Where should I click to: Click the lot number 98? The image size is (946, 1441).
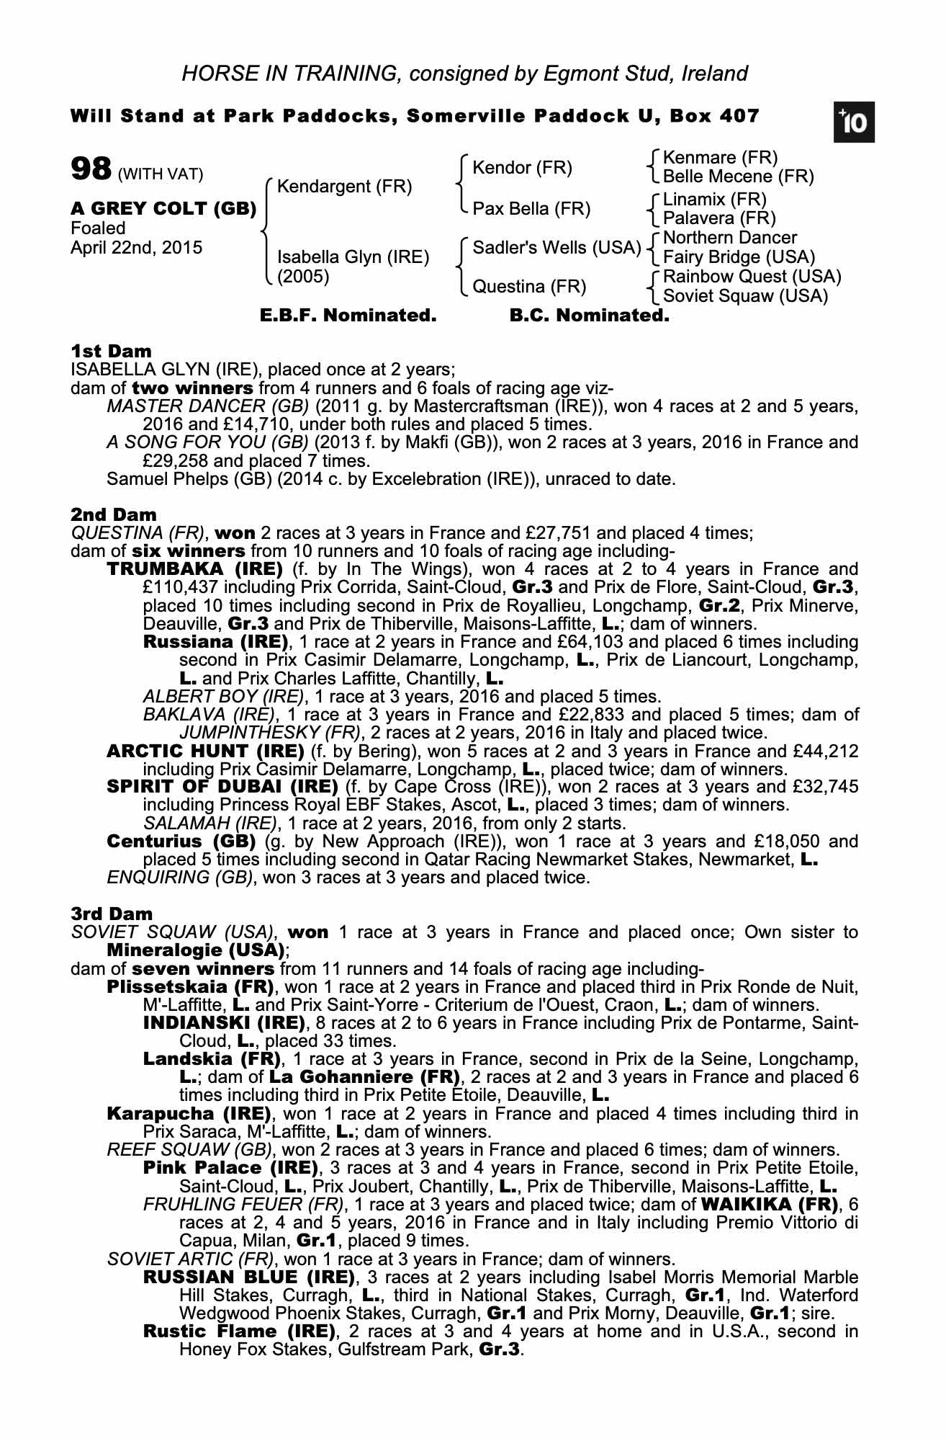(x=91, y=169)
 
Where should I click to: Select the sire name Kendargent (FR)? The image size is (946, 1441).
(x=344, y=187)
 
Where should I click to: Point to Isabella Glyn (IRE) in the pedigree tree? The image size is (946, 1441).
(x=353, y=257)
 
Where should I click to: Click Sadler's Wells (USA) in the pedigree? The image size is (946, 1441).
(x=556, y=248)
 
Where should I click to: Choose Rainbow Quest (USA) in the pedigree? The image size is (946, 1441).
(x=752, y=277)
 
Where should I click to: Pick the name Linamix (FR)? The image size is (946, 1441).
(x=714, y=200)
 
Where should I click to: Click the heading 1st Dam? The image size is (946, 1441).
(x=111, y=352)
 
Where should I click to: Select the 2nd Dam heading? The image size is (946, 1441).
(x=113, y=514)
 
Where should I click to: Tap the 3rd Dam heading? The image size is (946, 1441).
(x=112, y=914)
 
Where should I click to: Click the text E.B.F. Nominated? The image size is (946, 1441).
(x=348, y=316)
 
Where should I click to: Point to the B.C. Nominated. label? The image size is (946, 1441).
(x=589, y=316)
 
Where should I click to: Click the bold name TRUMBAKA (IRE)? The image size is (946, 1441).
(x=194, y=569)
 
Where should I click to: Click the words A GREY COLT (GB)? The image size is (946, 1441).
(x=163, y=209)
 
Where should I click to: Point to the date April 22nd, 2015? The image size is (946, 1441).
(x=136, y=248)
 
